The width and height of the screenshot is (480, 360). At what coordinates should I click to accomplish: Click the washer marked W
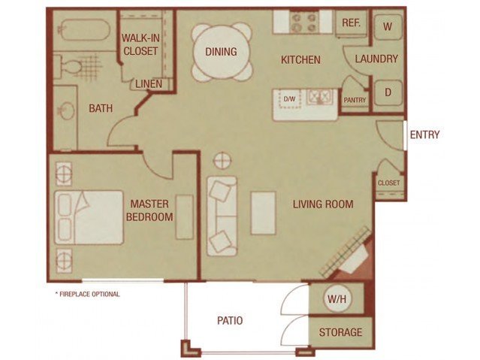pyautogui.click(x=388, y=26)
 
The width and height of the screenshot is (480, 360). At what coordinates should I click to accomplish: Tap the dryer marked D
pyautogui.click(x=388, y=92)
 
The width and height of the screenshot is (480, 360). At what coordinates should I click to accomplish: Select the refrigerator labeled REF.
pyautogui.click(x=351, y=23)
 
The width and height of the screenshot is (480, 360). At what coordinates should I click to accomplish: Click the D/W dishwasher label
pyautogui.click(x=290, y=99)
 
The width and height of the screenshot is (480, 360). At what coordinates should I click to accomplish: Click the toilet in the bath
pyautogui.click(x=69, y=66)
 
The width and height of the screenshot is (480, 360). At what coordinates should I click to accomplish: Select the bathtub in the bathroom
pyautogui.click(x=83, y=30)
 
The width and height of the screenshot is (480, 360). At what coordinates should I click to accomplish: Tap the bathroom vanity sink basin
pyautogui.click(x=67, y=110)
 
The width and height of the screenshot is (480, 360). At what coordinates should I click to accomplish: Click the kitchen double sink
pyautogui.click(x=319, y=96)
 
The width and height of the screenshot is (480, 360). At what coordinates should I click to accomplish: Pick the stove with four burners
pyautogui.click(x=303, y=22)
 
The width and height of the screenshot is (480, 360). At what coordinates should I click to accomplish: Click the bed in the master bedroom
pyautogui.click(x=89, y=217)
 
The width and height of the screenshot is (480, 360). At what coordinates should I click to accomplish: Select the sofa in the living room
pyautogui.click(x=222, y=216)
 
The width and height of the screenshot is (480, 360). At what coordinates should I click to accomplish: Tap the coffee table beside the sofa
pyautogui.click(x=263, y=213)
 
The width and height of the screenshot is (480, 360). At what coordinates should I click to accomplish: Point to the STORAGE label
pyautogui.click(x=340, y=332)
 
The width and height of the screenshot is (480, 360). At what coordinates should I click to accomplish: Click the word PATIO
pyautogui.click(x=230, y=320)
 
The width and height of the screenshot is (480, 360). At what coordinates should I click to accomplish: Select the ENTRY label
pyautogui.click(x=424, y=135)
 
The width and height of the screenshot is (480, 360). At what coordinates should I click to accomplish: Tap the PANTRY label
pyautogui.click(x=355, y=100)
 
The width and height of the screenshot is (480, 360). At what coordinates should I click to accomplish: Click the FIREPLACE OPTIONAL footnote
pyautogui.click(x=87, y=294)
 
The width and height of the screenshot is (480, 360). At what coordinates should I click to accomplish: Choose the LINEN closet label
pyautogui.click(x=149, y=84)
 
